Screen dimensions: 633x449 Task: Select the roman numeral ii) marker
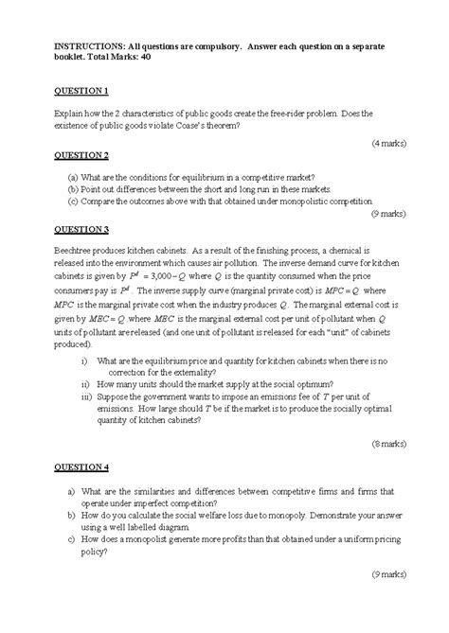(87, 385)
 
